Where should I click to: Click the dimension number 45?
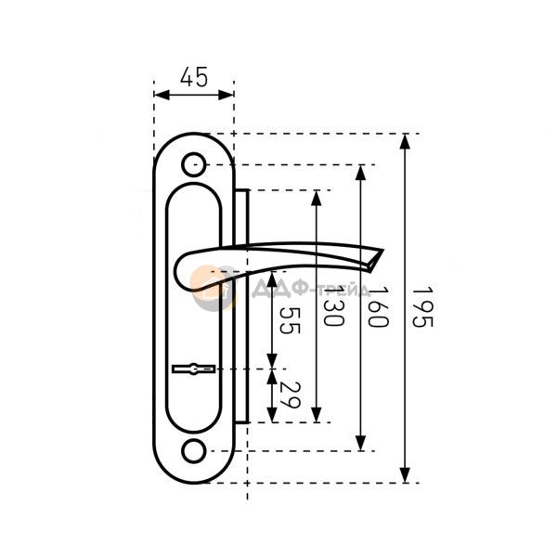coord(194,77)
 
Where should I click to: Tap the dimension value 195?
coord(422,307)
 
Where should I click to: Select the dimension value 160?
coord(378,307)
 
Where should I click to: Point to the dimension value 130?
coord(333,306)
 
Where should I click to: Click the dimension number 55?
coord(290,320)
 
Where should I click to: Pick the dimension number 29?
coord(290,395)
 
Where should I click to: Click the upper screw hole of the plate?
coord(194,165)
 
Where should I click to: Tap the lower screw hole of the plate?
coord(194,451)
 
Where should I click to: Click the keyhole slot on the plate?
coord(194,369)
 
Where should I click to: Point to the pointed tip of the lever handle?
coord(382,250)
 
